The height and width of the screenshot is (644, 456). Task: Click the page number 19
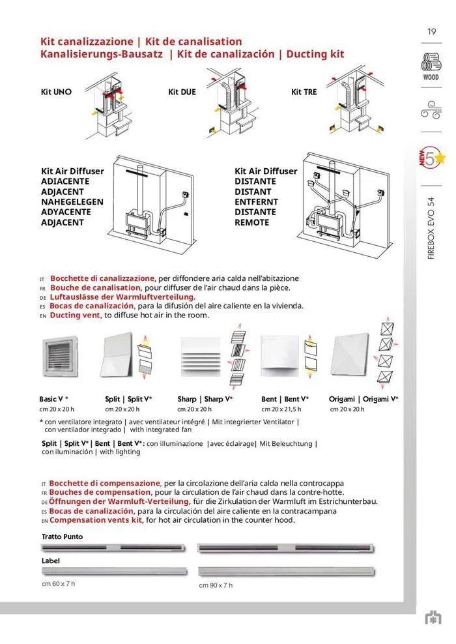pyautogui.click(x=431, y=32)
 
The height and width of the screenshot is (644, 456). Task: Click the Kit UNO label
pyautogui.click(x=56, y=92)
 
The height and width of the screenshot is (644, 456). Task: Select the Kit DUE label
pyautogui.click(x=182, y=92)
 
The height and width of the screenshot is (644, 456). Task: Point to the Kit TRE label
pyautogui.click(x=304, y=92)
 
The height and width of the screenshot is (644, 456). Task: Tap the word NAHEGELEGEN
pyautogui.click(x=72, y=202)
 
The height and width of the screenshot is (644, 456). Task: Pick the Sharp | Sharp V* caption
pyautogui.click(x=205, y=399)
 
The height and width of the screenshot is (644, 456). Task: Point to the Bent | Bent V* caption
pyautogui.click(x=285, y=399)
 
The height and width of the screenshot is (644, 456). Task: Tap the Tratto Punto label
pyautogui.click(x=62, y=536)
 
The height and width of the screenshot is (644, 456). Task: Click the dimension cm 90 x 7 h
pyautogui.click(x=216, y=585)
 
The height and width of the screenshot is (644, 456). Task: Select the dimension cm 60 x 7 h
pyautogui.click(x=58, y=583)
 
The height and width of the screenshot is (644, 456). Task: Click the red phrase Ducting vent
pyautogui.click(x=74, y=315)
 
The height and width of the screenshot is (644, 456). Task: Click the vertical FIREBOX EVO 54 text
pyautogui.click(x=431, y=228)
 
